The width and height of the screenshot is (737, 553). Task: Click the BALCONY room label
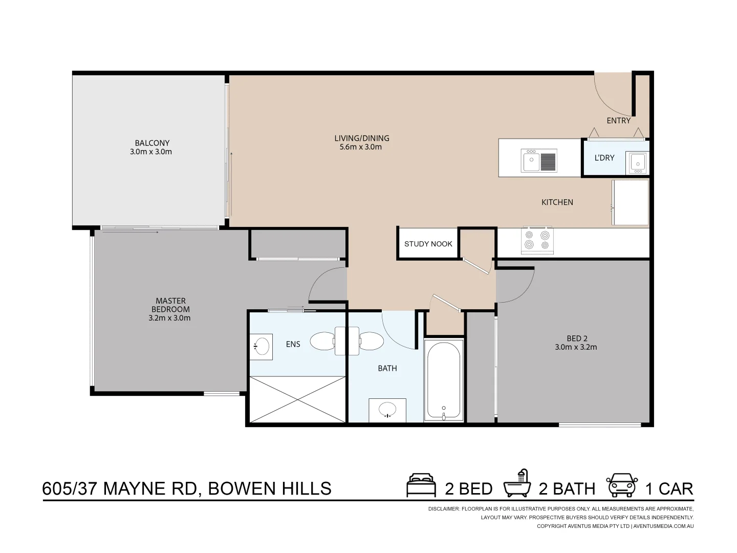(152, 143)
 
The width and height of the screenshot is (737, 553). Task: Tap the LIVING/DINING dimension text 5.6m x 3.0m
(361, 147)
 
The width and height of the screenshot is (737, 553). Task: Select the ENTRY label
(618, 121)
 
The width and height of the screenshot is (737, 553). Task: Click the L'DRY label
(604, 158)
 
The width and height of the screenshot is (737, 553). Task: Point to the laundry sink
(638, 162)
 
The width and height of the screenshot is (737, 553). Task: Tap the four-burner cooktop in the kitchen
(537, 240)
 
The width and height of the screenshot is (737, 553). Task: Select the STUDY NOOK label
(428, 244)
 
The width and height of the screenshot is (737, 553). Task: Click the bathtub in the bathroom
(444, 380)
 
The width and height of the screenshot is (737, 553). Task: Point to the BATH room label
(387, 368)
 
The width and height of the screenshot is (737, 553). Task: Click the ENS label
(293, 344)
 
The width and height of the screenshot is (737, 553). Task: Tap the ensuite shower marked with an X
(297, 399)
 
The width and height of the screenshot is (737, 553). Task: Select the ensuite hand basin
(262, 346)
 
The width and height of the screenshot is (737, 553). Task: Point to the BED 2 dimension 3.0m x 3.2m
(576, 347)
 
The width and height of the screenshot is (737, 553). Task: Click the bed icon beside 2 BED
(421, 486)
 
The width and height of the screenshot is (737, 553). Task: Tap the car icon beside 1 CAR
(622, 485)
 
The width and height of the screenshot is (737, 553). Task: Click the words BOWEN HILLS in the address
(270, 489)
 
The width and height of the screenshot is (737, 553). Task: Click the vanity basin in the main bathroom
(387, 410)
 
